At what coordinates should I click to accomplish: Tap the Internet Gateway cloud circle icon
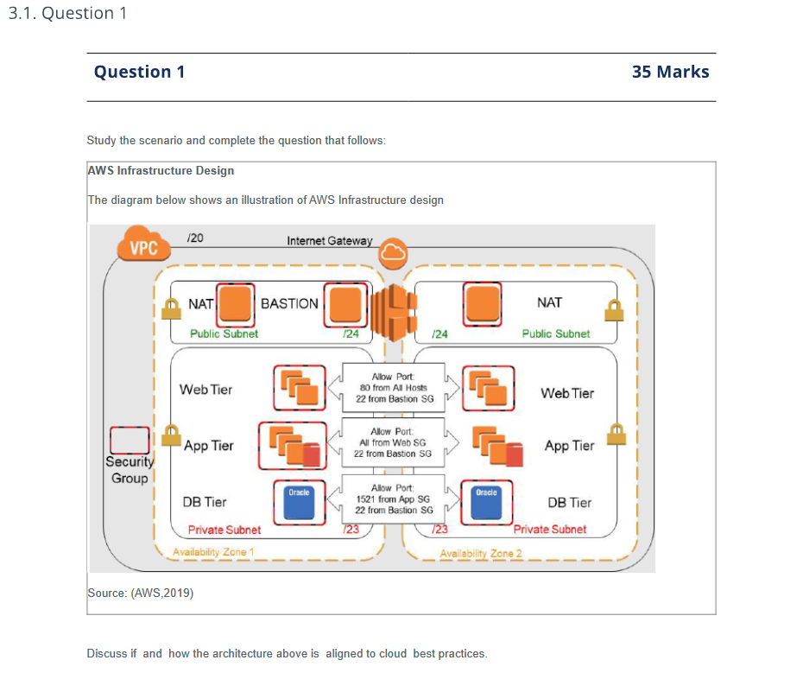coord(393,251)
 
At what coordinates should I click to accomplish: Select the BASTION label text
coord(289,303)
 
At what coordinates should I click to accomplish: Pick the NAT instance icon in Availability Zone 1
coord(236,304)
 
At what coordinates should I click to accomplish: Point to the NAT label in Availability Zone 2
coord(549,302)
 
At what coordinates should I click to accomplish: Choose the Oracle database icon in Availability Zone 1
coord(299,503)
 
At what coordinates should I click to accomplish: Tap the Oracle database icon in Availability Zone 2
coord(486,503)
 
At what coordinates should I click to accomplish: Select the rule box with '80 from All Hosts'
coord(393,388)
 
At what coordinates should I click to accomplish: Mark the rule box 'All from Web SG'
coord(393,442)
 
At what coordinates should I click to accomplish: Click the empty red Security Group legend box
coord(130,440)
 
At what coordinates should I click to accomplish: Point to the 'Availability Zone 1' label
coord(213,552)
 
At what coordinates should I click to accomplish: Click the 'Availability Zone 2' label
coord(481,553)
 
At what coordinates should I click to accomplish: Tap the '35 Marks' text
coord(670,72)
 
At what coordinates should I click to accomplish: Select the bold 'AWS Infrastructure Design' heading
coord(161,170)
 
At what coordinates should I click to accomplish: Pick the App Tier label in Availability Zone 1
coord(208,446)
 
